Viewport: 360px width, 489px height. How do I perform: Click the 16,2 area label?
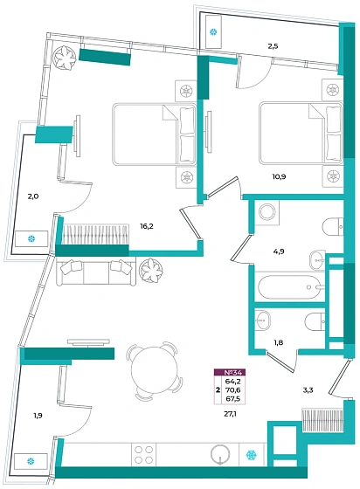tap(147, 226)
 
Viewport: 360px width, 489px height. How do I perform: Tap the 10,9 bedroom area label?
tap(280, 176)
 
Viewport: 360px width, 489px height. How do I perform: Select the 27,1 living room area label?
tap(230, 414)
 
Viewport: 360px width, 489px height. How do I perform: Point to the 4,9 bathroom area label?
tap(278, 251)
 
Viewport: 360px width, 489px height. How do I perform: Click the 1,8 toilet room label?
tap(278, 342)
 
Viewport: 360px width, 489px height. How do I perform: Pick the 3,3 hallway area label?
tap(308, 389)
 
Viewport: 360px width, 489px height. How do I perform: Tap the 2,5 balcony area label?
tap(273, 46)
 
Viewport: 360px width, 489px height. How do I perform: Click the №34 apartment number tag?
tap(230, 372)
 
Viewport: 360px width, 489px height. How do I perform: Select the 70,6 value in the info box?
tap(235, 389)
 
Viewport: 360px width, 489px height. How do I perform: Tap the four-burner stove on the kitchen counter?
tap(143, 454)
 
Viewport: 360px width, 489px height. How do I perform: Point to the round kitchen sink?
tap(220, 455)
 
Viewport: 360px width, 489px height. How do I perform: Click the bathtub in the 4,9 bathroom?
tap(290, 287)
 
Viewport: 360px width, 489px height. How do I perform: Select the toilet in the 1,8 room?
tap(315, 321)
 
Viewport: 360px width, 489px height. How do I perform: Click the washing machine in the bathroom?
tap(267, 213)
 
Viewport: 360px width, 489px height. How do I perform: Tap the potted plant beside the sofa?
tap(151, 270)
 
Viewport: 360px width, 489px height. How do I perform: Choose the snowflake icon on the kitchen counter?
tap(251, 455)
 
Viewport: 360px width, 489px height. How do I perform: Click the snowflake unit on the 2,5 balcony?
tap(213, 31)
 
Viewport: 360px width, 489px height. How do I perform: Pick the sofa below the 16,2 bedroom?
tap(96, 272)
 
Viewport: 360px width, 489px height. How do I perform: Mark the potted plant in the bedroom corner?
tap(65, 58)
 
